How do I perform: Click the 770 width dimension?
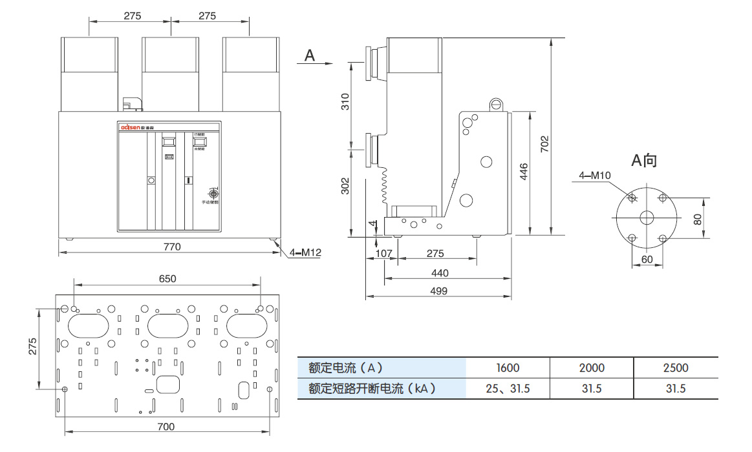coord(171,246)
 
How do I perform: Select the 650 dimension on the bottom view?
coord(167,279)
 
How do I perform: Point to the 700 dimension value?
coord(166,426)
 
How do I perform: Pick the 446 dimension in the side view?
coord(524,172)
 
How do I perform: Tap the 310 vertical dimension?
coord(345,101)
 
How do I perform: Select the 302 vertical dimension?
coord(345,186)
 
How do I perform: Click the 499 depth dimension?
coord(438,291)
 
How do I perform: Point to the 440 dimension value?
coord(440,273)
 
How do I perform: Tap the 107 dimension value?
coord(384,254)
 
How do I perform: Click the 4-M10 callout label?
coord(594,175)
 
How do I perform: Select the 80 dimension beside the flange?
coord(697,218)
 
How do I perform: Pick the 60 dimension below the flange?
coord(647,259)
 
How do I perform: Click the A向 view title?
coord(644,159)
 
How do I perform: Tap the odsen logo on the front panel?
coord(133,128)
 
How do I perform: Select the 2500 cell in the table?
coord(676,368)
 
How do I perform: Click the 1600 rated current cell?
coord(508,368)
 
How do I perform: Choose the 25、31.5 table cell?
coord(508,389)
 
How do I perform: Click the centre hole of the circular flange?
coord(647,218)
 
